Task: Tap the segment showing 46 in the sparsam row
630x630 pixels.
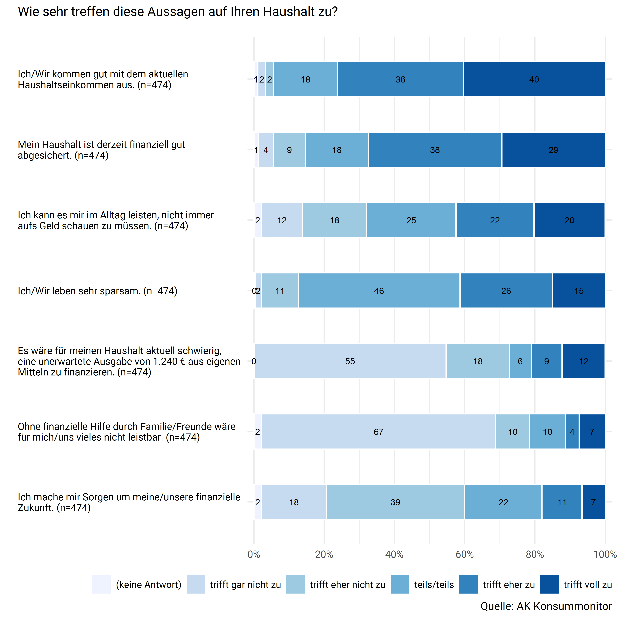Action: (379, 291)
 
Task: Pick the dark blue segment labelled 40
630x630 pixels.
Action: (534, 79)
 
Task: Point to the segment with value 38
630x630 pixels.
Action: (435, 150)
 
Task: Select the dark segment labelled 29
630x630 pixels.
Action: (553, 150)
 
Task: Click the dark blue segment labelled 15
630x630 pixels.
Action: (579, 291)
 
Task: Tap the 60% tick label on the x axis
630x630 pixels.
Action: (464, 554)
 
